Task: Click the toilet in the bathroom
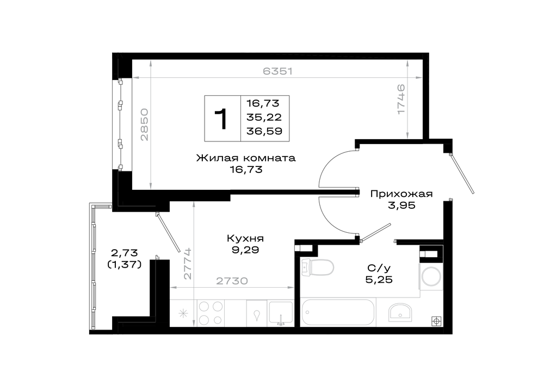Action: (x=318, y=267)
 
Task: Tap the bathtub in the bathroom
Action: (x=338, y=312)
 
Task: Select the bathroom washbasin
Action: (x=399, y=312)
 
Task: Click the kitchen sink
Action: (x=281, y=313)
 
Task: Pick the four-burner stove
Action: (x=210, y=313)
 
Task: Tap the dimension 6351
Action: (x=277, y=71)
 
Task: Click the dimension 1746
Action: (x=401, y=99)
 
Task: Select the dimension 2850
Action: (x=144, y=125)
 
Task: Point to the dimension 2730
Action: (x=232, y=281)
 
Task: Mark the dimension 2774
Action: (x=188, y=263)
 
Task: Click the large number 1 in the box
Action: (x=221, y=119)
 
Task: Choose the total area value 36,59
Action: (x=264, y=131)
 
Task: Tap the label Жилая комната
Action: (x=246, y=158)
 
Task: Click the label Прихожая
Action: (x=401, y=194)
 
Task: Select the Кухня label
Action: (x=245, y=238)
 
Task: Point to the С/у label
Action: (x=379, y=268)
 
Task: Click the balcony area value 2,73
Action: (x=124, y=252)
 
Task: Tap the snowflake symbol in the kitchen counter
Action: (x=183, y=314)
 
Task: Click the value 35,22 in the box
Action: (x=264, y=117)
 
